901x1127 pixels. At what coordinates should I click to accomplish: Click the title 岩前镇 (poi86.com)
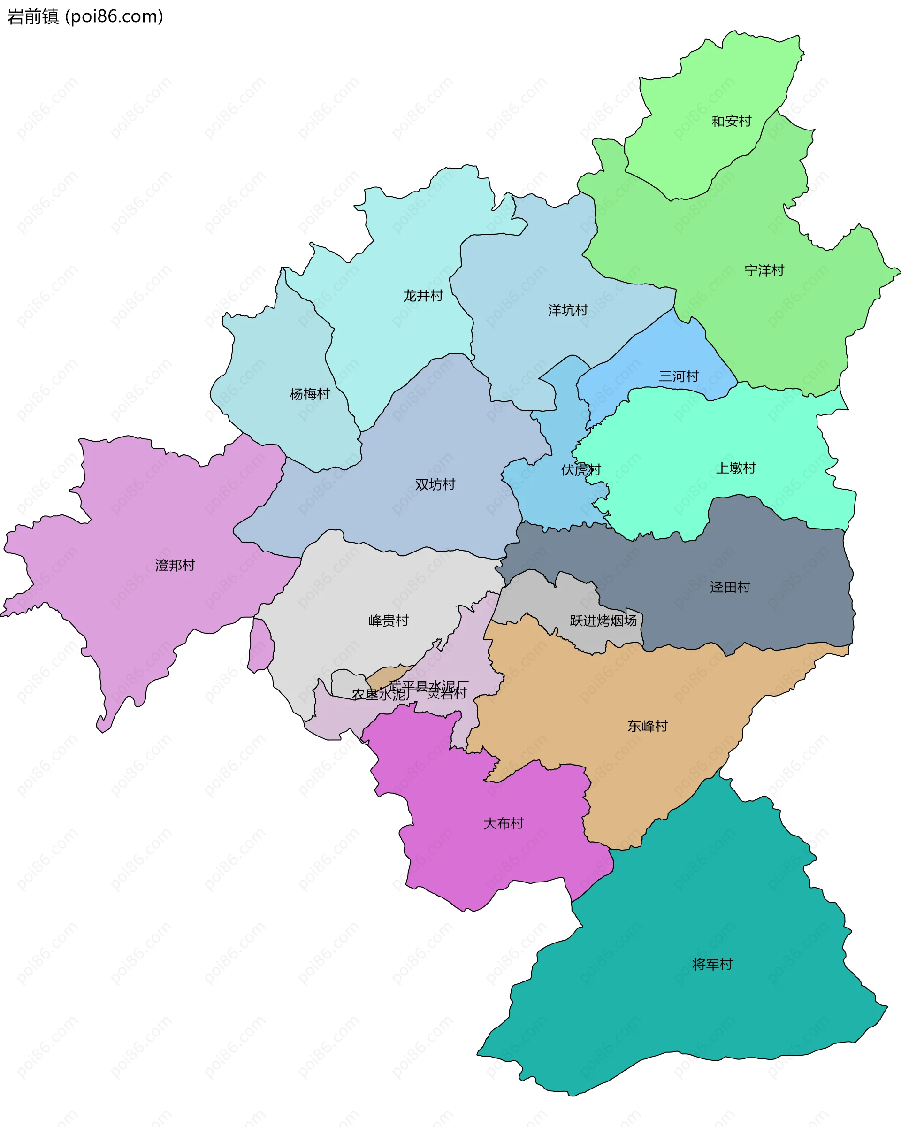pos(84,17)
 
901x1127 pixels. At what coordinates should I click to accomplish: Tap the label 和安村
pos(731,121)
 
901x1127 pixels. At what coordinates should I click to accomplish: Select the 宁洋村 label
pos(764,271)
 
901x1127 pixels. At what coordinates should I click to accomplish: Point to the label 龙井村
pos(423,296)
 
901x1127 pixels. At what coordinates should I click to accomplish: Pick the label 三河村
pos(679,376)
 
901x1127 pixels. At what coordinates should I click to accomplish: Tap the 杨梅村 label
pos(309,394)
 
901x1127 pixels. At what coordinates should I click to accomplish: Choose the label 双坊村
pos(435,484)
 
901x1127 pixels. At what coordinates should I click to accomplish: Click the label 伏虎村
pos(580,470)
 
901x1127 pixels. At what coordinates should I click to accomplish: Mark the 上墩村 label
pos(735,468)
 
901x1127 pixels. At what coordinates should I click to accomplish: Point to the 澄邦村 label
pos(175,565)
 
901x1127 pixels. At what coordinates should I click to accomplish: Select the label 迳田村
pos(730,587)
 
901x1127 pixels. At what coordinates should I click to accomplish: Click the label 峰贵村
pos(388,621)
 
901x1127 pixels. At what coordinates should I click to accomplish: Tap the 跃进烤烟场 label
pos(603,621)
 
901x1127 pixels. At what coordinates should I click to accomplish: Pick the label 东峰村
pos(648,726)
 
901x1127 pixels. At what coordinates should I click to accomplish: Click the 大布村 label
pos(503,823)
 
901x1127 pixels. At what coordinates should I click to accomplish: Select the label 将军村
pos(712,965)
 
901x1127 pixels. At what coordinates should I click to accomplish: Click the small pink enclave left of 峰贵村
pos(260,646)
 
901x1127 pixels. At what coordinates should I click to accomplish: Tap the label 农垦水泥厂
pos(378,695)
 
